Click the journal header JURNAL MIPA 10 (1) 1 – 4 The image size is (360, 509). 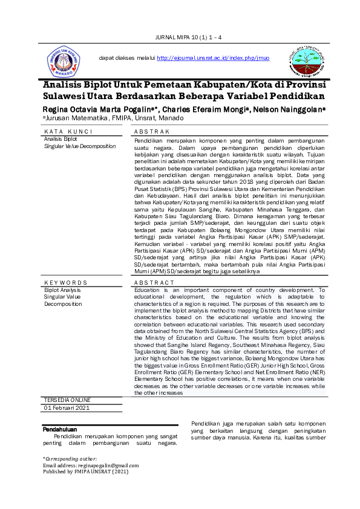pos(189,37)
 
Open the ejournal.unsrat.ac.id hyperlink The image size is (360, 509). pos(213,58)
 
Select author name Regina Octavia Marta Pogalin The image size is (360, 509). pos(97,109)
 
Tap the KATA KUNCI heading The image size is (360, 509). pos(68,132)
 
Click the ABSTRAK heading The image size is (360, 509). pos(151,132)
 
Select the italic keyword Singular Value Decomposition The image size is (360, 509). pos(80,146)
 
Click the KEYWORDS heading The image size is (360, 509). pos(66,282)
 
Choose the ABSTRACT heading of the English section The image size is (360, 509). pos(154,282)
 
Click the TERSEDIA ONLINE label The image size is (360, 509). pos(68,400)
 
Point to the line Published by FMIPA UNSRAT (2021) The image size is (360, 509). pos(85,472)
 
